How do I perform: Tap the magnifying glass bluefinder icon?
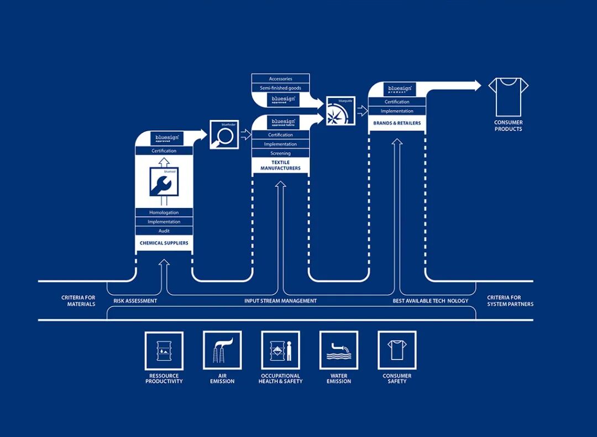click(224, 136)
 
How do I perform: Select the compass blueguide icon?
click(340, 111)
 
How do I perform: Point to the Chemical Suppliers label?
click(164, 243)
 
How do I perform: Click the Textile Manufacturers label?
click(280, 165)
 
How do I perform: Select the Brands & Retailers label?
click(397, 123)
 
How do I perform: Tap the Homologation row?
click(164, 212)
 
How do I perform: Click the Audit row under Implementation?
click(164, 231)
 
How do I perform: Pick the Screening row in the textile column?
click(280, 153)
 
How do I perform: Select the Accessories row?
click(280, 79)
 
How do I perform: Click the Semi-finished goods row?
click(280, 88)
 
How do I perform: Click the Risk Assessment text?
click(135, 301)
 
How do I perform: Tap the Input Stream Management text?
click(280, 301)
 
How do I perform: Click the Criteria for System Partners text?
click(510, 301)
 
